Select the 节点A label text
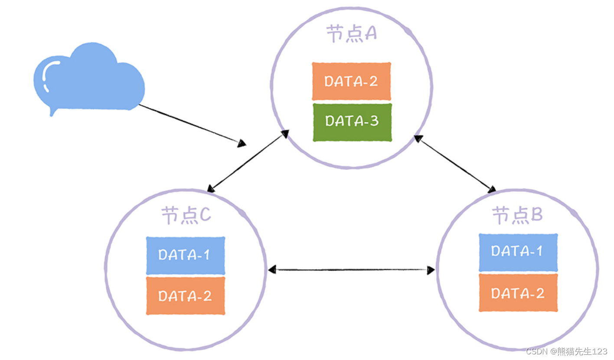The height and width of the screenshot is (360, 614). coord(351,34)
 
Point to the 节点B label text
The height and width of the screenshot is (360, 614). coord(517,215)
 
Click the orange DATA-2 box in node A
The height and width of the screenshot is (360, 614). coord(351,82)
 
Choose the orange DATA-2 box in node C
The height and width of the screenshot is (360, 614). coord(185,296)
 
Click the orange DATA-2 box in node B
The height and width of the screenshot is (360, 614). coord(518,293)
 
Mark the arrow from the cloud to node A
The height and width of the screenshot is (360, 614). coord(191,124)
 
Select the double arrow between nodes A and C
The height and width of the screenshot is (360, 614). coord(248,161)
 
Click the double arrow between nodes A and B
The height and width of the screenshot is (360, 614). coord(455,164)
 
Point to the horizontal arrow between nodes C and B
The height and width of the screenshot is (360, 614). coord(351,270)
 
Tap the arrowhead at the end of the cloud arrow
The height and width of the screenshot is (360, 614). coord(242,143)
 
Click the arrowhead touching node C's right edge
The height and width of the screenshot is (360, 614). coord(272,270)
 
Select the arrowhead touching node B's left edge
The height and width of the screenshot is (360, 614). coord(430,270)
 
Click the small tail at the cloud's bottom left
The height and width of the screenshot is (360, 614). coord(53,112)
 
